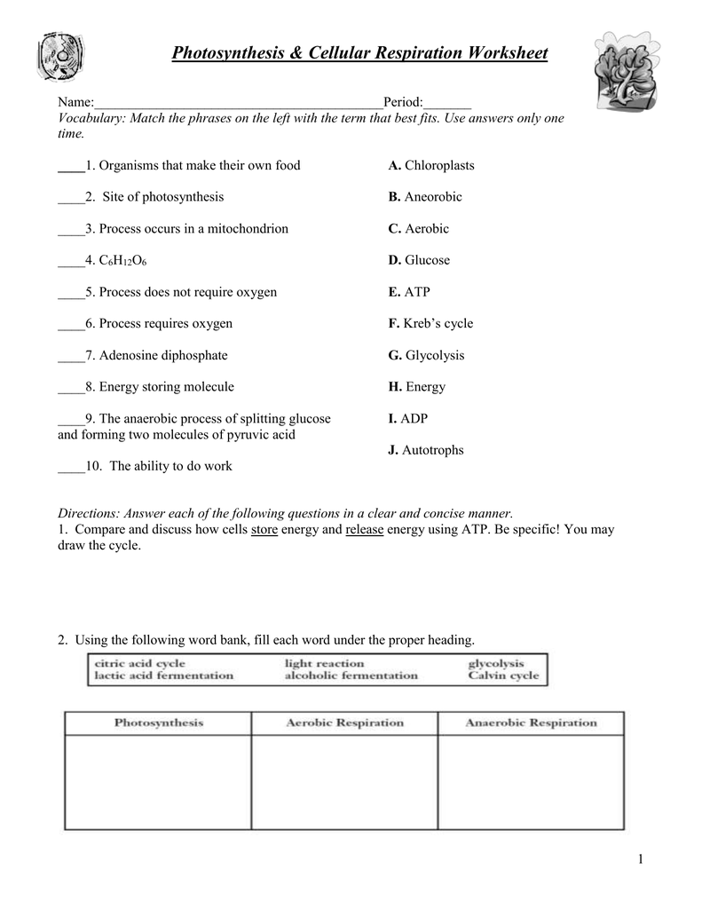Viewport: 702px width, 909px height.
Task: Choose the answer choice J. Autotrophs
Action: coord(426,450)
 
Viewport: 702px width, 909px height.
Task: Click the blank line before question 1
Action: coord(70,166)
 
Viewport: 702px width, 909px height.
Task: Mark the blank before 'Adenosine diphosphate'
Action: coord(70,356)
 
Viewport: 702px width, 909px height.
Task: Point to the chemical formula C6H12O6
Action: coord(123,261)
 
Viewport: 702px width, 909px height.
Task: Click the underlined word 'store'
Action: coord(264,529)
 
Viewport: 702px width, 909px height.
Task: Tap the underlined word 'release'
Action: coord(364,529)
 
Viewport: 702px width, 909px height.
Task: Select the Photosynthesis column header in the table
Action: coord(159,723)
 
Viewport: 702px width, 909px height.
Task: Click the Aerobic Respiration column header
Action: coord(344,723)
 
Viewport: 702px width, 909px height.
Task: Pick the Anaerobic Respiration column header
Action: coord(531,723)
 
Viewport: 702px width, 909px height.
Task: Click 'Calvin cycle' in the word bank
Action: coord(503,676)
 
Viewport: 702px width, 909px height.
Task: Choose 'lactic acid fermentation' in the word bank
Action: coord(163,676)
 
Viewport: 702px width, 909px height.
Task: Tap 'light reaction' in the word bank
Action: coord(324,663)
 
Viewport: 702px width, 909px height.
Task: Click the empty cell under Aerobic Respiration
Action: coord(344,782)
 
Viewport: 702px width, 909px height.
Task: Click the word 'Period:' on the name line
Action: coord(403,103)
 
